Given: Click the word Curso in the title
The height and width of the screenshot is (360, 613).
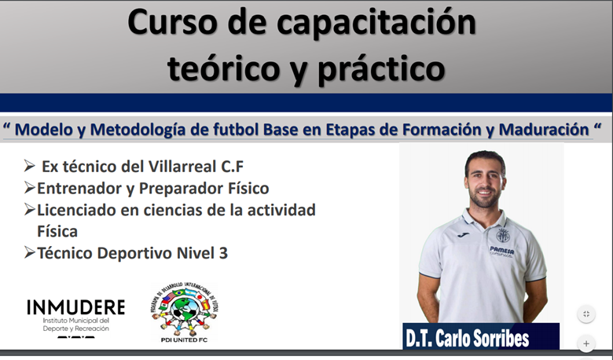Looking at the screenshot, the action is [x=172, y=22].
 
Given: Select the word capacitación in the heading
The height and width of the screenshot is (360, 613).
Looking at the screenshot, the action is [x=376, y=24].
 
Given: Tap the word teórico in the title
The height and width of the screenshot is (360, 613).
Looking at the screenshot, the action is [x=224, y=67].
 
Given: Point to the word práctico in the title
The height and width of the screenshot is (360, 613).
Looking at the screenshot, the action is [x=381, y=68].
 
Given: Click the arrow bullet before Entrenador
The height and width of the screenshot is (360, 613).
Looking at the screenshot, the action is [x=29, y=188].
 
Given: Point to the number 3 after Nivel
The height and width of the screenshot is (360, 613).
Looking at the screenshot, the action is [x=223, y=253].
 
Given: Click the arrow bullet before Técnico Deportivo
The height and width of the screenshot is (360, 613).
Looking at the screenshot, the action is [x=29, y=252].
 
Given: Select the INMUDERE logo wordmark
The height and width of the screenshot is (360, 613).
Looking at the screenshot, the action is [x=76, y=307].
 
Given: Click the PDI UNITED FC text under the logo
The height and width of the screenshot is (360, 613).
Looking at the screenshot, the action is [x=184, y=340].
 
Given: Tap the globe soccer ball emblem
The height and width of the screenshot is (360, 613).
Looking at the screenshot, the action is [x=184, y=310].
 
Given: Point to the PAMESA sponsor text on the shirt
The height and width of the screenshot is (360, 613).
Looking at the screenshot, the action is [x=502, y=250].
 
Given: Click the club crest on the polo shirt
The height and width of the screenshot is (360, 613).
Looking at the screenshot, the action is [x=503, y=236].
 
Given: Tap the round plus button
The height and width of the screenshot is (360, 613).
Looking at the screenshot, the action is [x=586, y=343].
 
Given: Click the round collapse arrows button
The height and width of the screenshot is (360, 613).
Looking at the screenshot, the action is [x=586, y=314].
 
